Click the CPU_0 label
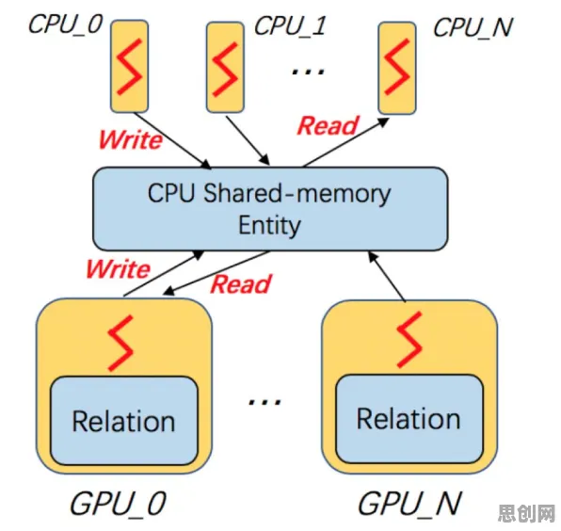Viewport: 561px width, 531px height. tap(66, 24)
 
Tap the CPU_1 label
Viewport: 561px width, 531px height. tap(290, 25)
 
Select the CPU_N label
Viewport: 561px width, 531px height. tap(473, 27)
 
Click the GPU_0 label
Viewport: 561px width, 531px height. tap(119, 503)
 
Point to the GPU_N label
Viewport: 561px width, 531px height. tap(409, 503)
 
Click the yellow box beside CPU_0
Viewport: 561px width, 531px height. tap(129, 66)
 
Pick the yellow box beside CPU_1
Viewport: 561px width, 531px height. tap(225, 67)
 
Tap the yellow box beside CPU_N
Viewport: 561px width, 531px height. tap(397, 68)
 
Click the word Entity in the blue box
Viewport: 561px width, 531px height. tap(269, 226)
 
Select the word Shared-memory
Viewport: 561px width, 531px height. tap(297, 194)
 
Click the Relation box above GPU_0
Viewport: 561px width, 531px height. tap(124, 421)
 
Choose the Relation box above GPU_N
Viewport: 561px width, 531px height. tap(409, 419)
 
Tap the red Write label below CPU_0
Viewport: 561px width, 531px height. tap(131, 139)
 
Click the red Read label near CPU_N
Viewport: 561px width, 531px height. tap(329, 125)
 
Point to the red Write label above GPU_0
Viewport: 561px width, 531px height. tap(119, 268)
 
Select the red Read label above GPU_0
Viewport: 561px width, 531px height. tap(241, 284)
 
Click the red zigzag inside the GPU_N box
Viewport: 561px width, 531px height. tap(409, 340)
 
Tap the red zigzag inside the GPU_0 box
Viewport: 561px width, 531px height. tap(120, 343)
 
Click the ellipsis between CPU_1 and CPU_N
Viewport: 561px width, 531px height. tap(308, 72)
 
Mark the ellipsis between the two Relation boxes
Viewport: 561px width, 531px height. tap(265, 401)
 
